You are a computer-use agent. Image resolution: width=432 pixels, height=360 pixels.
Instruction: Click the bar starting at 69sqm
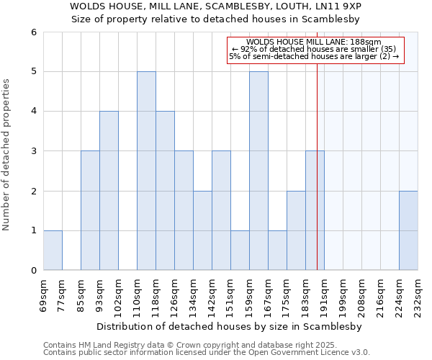click(x=53, y=250)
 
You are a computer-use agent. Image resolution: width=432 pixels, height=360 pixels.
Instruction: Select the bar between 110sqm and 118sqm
click(x=146, y=171)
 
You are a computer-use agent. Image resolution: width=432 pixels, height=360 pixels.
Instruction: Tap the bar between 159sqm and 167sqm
click(x=258, y=171)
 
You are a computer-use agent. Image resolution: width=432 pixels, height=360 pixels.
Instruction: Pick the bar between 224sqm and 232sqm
click(x=408, y=230)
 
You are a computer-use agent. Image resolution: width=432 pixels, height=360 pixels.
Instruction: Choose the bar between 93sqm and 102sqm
click(x=109, y=191)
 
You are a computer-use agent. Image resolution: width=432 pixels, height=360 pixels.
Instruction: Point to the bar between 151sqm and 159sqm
click(x=240, y=250)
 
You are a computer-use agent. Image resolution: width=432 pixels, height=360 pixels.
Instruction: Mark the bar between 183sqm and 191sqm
click(x=315, y=210)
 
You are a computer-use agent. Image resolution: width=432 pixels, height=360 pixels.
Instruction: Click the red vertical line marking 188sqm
click(x=318, y=180)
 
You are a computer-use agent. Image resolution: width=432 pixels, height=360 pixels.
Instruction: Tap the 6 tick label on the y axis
click(x=33, y=32)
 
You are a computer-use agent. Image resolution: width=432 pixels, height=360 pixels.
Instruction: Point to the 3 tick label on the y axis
click(x=33, y=151)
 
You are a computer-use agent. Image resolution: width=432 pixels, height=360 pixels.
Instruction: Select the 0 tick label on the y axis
click(x=33, y=270)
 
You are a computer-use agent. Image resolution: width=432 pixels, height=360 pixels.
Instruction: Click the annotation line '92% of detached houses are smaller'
click(x=313, y=49)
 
